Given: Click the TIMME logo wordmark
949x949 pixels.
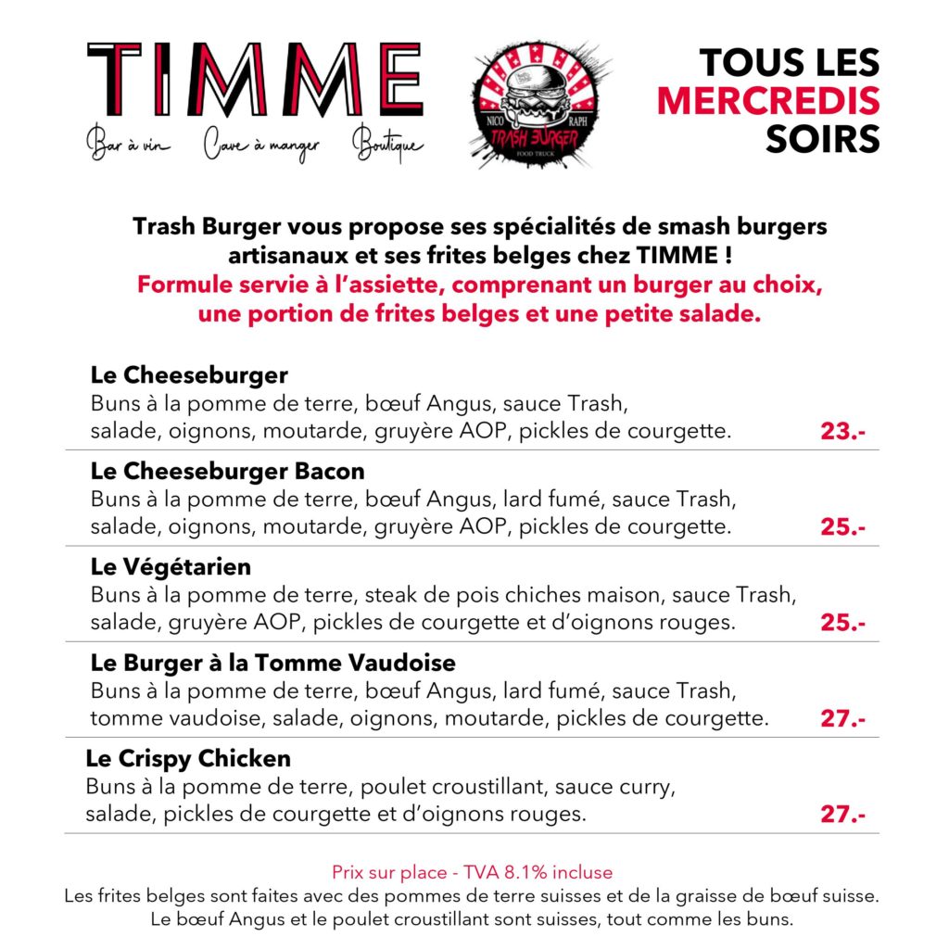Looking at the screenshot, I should click(254, 80).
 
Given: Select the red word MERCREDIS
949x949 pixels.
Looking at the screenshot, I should click(768, 101).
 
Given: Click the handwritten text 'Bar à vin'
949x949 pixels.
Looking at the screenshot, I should click(129, 146).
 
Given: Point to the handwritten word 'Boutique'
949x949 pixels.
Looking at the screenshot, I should click(388, 146).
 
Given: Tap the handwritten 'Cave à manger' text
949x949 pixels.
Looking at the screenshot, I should click(260, 146).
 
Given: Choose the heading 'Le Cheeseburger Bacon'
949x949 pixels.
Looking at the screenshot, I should click(227, 471).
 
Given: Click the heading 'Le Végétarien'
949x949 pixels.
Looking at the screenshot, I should click(171, 565).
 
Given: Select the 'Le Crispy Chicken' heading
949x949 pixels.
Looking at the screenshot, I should click(188, 759).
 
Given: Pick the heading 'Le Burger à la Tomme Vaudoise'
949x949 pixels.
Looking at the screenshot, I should click(272, 664).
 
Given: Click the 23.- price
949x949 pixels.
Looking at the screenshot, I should click(842, 432).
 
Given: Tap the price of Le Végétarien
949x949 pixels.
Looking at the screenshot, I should click(842, 623).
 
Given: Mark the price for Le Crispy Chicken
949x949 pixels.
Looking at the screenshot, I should click(842, 816).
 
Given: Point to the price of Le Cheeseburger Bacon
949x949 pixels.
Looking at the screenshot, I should click(842, 527).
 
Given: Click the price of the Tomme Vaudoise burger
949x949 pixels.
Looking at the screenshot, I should click(842, 719).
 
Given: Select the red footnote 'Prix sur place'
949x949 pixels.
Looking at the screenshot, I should click(472, 872).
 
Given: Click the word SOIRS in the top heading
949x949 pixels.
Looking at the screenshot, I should click(822, 139).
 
